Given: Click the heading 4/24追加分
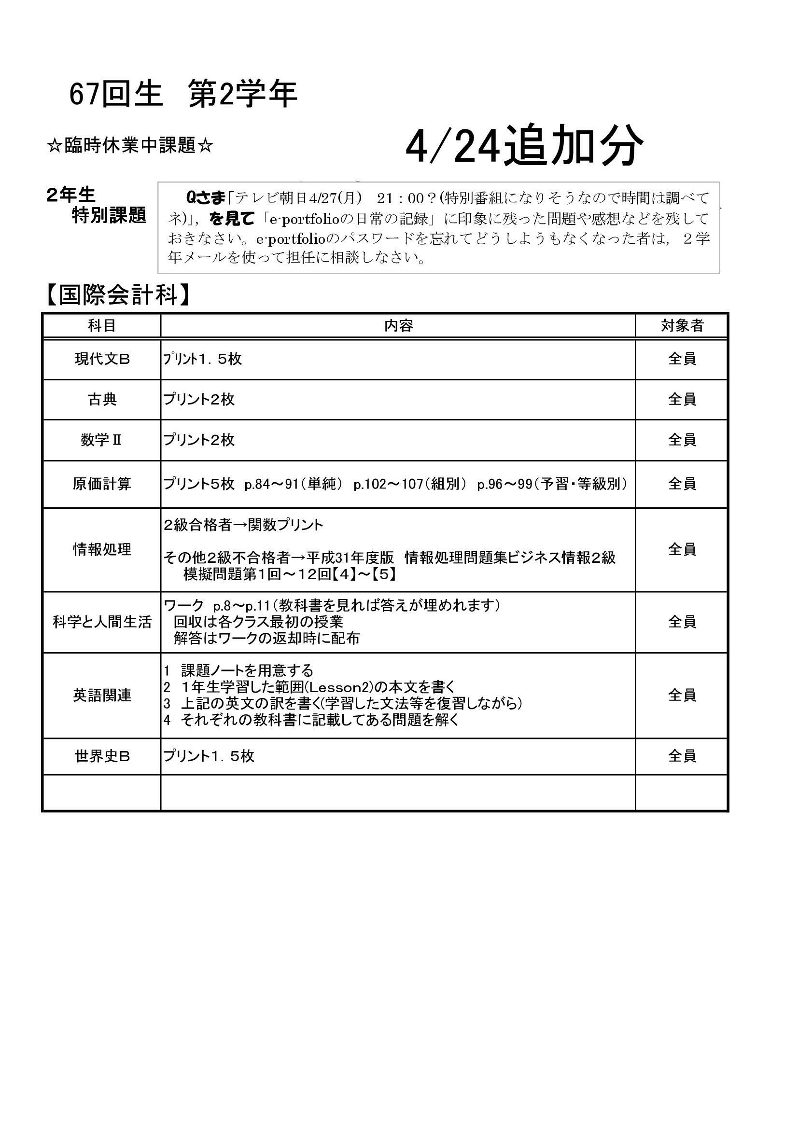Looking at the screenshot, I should (524, 146).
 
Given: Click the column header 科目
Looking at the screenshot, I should (102, 325).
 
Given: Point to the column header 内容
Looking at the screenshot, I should (398, 325).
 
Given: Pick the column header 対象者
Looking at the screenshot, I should (682, 325).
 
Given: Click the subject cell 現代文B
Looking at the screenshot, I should (102, 360).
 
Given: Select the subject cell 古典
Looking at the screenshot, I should (102, 399).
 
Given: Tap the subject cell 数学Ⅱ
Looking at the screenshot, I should (102, 440).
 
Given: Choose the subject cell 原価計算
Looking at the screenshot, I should (102, 484).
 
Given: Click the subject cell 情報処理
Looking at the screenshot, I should (102, 549).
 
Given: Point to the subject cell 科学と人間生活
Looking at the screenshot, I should (102, 622).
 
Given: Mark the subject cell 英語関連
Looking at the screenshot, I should (102, 695).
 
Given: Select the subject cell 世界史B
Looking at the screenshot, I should (102, 756).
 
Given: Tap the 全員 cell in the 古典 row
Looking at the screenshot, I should (682, 399).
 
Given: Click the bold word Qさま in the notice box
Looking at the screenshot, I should (205, 198).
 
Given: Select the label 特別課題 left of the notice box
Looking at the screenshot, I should (109, 215).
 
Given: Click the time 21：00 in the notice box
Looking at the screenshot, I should (400, 198).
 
